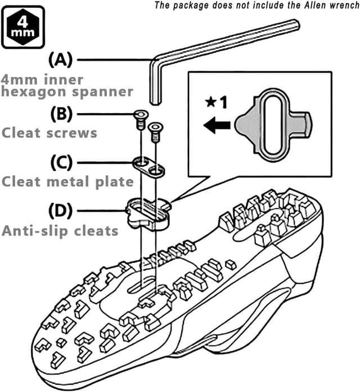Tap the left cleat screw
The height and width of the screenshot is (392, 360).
pyautogui.click(x=138, y=119)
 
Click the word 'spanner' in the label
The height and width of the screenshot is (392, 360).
pyautogui.click(x=110, y=92)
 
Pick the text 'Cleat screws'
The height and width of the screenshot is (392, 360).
pyautogui.click(x=49, y=133)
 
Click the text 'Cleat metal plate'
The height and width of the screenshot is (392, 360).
pyautogui.click(x=67, y=182)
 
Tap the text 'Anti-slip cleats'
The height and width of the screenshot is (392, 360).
pyautogui.click(x=61, y=231)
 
